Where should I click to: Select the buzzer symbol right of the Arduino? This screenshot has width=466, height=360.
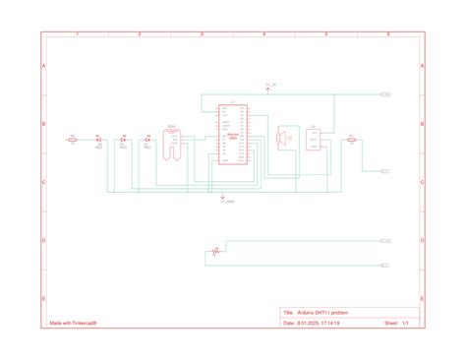pos(284,139)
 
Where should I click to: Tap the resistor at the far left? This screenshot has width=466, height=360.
pos(73,140)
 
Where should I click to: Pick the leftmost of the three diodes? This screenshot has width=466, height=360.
pos(98,140)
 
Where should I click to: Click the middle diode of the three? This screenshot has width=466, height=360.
pos(123,140)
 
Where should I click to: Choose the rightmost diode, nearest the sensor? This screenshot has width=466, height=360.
pos(146,140)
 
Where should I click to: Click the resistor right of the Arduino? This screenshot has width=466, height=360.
pos(351,140)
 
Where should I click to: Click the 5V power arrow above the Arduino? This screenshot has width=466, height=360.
pos(268,90)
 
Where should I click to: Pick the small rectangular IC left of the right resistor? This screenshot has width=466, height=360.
pos(314,140)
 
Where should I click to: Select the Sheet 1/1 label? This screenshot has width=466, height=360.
pos(396,322)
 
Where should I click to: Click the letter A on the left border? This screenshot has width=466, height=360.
pos(43,65)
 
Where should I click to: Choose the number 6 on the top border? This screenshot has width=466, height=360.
pos(388,34)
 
